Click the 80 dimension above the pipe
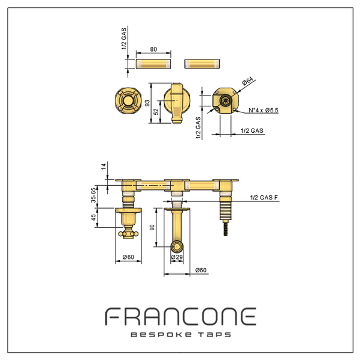[153, 49]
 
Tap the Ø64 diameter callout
[247, 81]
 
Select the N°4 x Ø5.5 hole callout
[264, 110]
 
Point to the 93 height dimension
[147, 103]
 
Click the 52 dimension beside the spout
[156, 112]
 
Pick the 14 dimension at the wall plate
[104, 166]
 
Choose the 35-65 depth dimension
[93, 195]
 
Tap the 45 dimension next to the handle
[93, 218]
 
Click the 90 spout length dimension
[152, 227]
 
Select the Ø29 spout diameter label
[176, 257]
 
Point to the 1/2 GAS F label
[264, 197]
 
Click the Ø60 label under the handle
[128, 257]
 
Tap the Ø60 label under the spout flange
[201, 270]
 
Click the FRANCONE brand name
[180, 316]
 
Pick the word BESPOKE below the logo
[161, 335]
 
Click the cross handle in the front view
[128, 100]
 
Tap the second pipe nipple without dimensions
[202, 64]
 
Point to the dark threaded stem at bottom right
[226, 228]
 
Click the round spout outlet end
[177, 246]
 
